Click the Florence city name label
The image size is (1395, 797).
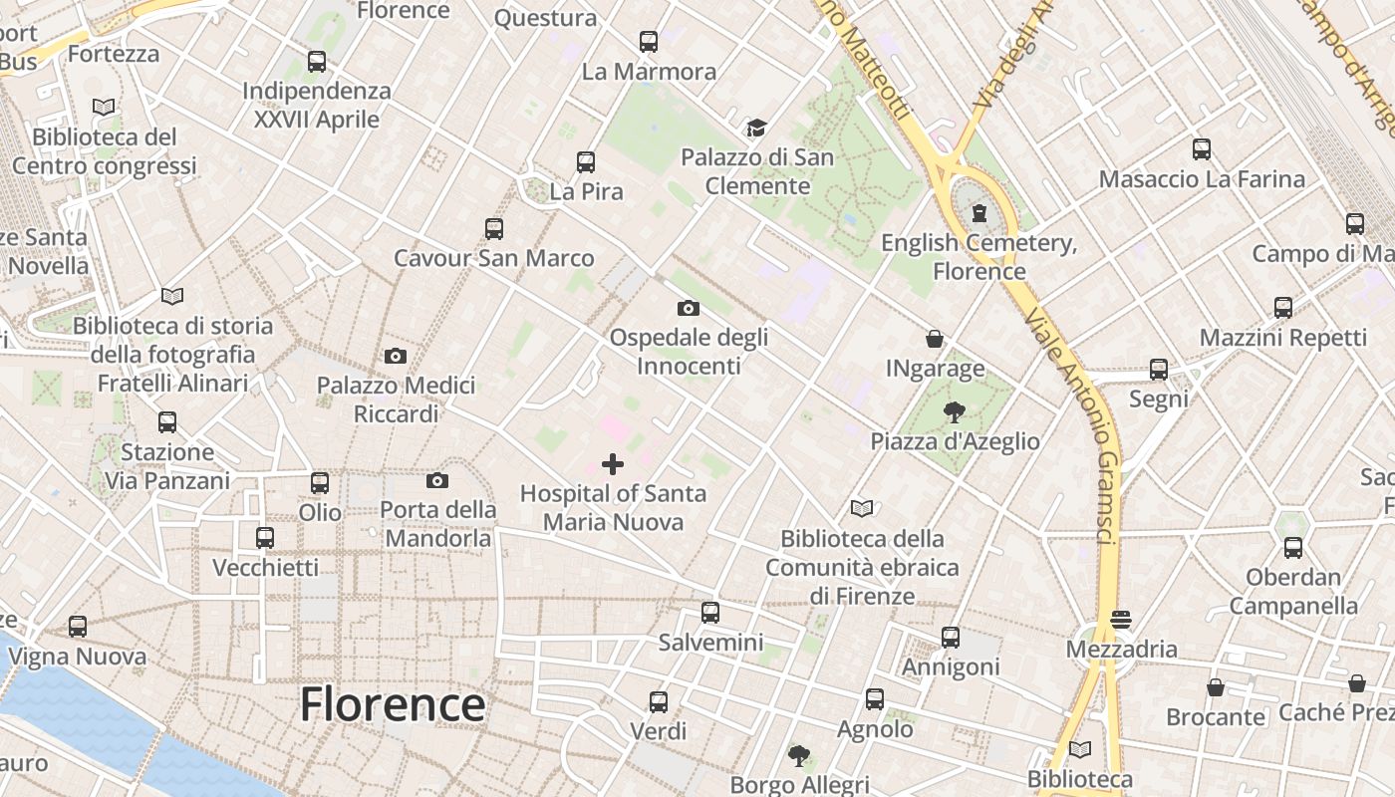tap(393, 704)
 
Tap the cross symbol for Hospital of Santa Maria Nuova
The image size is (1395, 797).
tap(613, 464)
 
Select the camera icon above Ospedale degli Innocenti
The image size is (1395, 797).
tap(689, 309)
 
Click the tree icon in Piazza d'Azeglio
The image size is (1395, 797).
tap(955, 411)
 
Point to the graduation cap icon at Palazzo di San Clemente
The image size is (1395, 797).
tap(757, 128)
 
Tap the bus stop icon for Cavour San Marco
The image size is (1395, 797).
tap(494, 229)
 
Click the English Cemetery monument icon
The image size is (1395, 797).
tap(979, 213)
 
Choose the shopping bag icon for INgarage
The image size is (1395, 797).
tap(935, 339)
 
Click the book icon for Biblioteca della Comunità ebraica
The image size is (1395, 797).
tap(862, 509)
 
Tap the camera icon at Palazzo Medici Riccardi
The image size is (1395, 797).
tap(396, 356)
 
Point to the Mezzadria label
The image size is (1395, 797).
tap(1121, 650)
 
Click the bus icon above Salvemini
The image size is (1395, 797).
tap(710, 613)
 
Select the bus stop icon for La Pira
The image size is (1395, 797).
tap(586, 162)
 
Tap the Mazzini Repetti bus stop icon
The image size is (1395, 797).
tap(1283, 308)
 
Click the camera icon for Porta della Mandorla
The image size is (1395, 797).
tap(436, 481)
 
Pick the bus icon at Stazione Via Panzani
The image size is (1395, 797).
tap(167, 422)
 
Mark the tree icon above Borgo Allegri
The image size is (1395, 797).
tap(798, 755)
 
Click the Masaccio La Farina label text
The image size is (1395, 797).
tap(1202, 179)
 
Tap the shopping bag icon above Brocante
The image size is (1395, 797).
tap(1216, 687)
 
